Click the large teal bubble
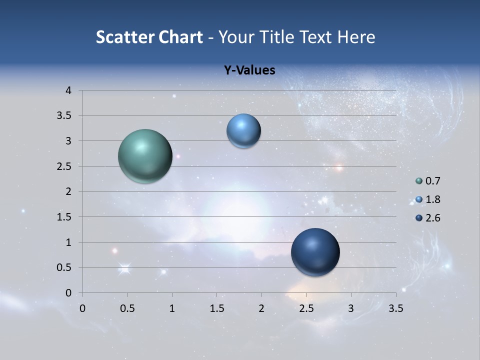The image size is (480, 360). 145,156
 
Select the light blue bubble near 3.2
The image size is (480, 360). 243,131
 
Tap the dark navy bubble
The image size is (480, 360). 315,252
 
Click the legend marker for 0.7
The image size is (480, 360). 419,181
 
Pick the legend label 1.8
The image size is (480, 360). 432,199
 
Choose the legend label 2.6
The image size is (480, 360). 432,218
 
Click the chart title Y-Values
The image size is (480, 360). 249,70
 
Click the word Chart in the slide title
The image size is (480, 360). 180,37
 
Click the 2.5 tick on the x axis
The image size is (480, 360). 306,308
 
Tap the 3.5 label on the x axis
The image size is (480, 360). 395,308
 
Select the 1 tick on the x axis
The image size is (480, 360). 172,308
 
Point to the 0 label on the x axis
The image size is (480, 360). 82,308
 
